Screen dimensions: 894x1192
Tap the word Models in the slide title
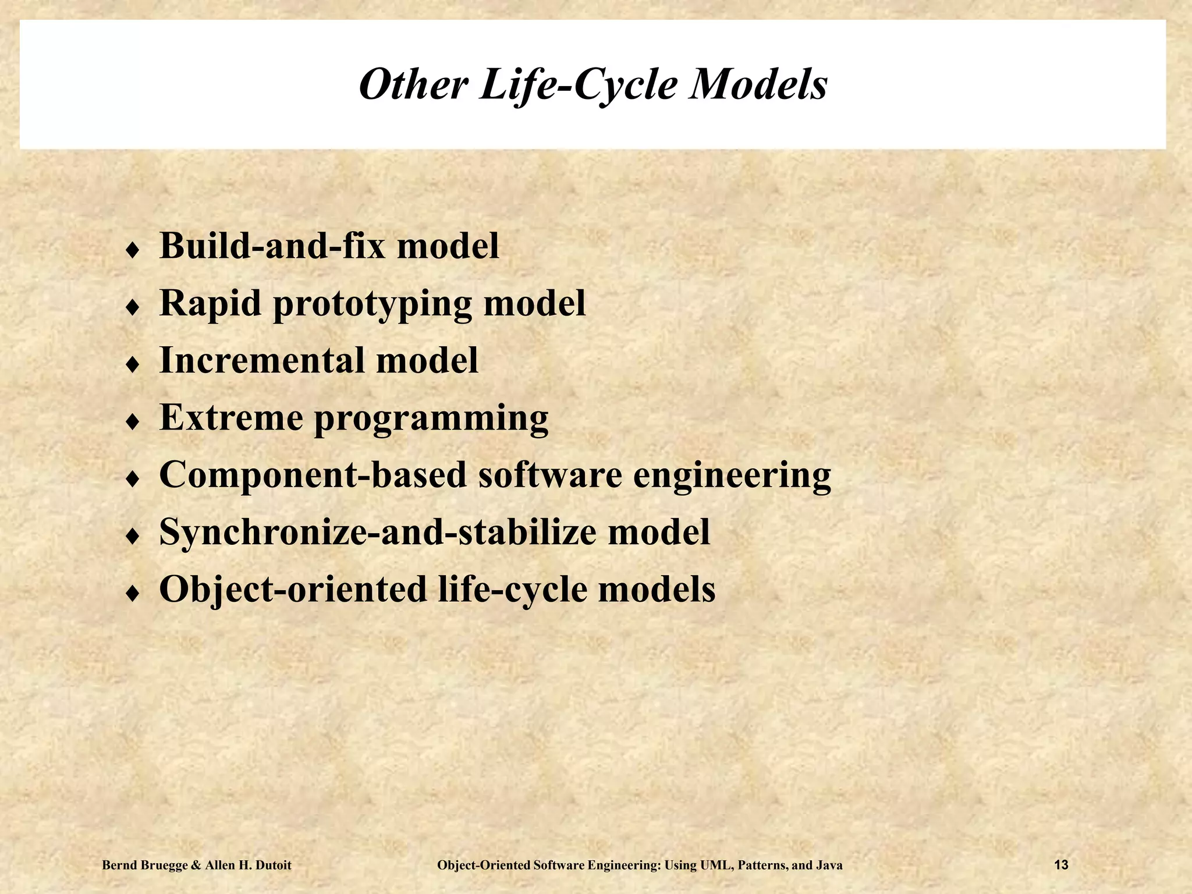[x=757, y=85]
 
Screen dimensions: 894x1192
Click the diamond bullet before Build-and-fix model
[x=133, y=250]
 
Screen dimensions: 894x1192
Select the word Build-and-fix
[x=272, y=246]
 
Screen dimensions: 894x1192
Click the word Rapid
[x=210, y=303]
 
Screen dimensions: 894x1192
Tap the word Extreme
[x=231, y=417]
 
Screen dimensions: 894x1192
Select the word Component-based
[x=313, y=475]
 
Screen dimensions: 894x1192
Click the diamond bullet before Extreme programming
[x=133, y=422]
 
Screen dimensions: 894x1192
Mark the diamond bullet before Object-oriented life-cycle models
[x=133, y=594]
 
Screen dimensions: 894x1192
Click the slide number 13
[x=1061, y=865]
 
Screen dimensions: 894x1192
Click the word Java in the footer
[x=829, y=865]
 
